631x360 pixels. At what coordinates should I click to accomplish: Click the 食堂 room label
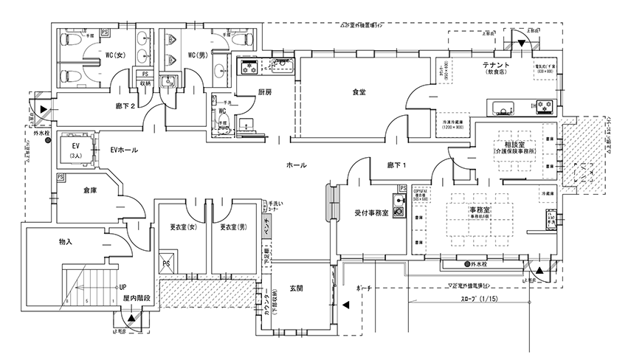(359, 92)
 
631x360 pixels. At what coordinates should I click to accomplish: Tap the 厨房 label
(265, 92)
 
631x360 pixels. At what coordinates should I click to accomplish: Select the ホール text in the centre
(296, 165)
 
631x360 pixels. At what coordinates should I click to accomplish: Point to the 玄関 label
(297, 288)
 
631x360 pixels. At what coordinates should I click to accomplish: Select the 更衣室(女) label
(182, 226)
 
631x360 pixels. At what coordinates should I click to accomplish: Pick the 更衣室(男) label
(233, 226)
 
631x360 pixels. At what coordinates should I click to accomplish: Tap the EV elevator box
(75, 148)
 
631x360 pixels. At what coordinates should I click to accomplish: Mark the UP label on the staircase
(123, 286)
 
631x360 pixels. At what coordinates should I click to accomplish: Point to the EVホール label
(123, 150)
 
